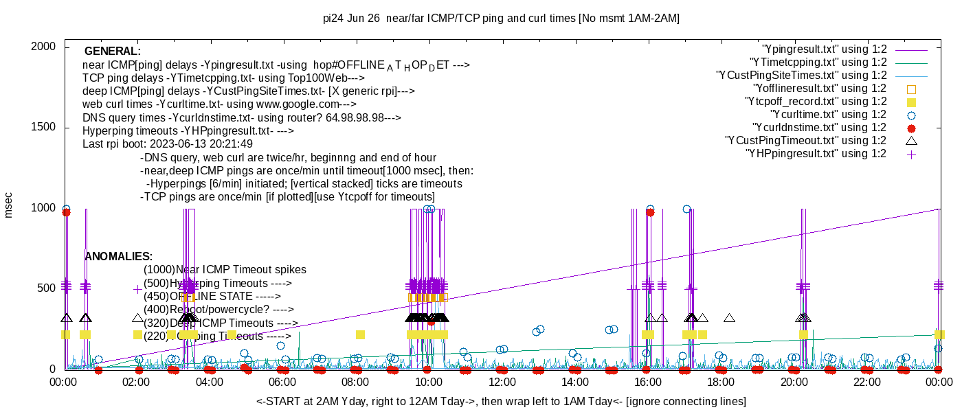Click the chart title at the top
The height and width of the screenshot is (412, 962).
(501, 19)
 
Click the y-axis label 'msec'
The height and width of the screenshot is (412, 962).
(8, 205)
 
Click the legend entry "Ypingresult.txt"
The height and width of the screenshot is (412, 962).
(825, 49)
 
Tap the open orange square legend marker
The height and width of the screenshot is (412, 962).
(911, 89)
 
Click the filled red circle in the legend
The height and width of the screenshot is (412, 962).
(911, 128)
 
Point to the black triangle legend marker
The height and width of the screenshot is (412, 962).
(911, 141)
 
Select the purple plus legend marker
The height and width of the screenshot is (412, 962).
(911, 154)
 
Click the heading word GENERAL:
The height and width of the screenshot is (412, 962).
(113, 51)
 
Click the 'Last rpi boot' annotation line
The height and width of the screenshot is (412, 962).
(168, 144)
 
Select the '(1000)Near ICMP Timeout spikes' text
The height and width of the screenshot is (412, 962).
(225, 270)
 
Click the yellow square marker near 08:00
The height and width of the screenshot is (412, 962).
(360, 334)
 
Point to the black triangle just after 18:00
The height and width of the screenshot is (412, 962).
(729, 318)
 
